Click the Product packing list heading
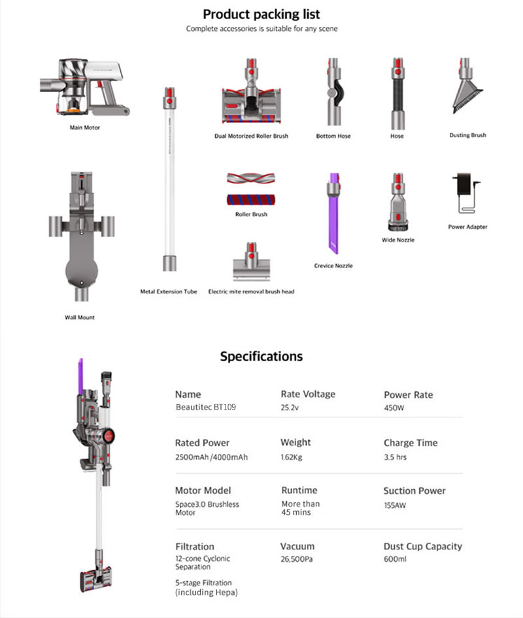[x=261, y=14]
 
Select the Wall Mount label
[x=80, y=317]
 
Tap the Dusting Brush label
[x=467, y=135]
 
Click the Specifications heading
[x=261, y=357]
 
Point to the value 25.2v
[x=290, y=408]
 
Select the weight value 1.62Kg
[x=292, y=457]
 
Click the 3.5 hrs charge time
[x=395, y=457]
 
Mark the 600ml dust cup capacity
[x=395, y=560]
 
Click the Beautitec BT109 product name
[x=206, y=408]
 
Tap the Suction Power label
[x=414, y=491]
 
